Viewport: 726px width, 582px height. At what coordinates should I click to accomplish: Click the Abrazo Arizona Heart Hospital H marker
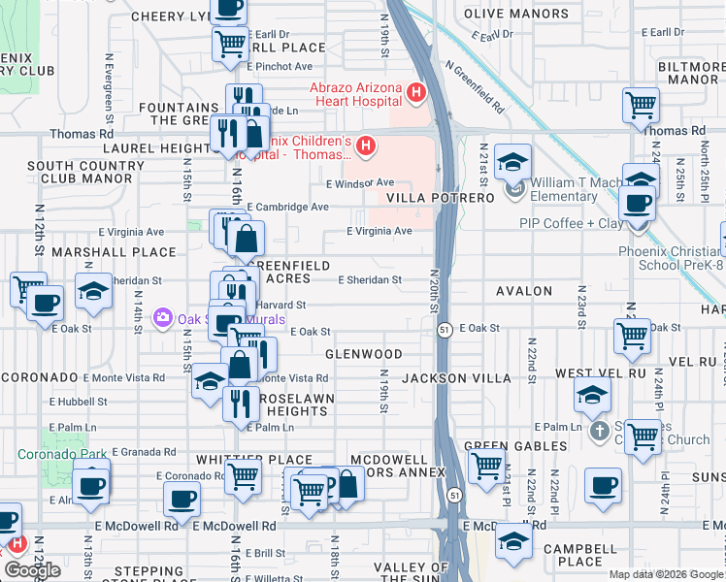point(416,93)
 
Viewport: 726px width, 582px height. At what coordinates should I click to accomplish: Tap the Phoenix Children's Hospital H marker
point(366,147)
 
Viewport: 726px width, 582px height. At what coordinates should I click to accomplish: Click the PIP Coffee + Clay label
point(572,223)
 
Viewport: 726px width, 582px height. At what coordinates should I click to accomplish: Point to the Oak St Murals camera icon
point(162,318)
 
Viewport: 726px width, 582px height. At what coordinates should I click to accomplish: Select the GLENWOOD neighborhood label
point(364,355)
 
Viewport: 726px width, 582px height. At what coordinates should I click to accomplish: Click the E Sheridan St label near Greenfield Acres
point(370,280)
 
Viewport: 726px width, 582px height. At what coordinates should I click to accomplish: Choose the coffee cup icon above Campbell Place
point(603,484)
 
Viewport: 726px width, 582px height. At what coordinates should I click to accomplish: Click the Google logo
point(32,570)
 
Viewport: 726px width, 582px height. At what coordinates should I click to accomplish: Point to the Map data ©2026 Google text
point(667,574)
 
